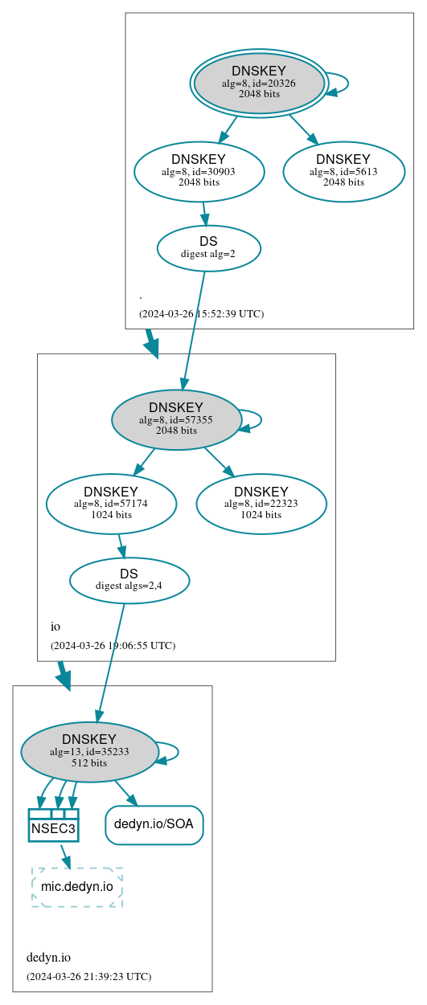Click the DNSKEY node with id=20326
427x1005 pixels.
click(259, 83)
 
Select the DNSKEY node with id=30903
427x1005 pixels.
click(199, 171)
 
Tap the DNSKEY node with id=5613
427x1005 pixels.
click(343, 171)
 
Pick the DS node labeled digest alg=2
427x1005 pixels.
click(208, 247)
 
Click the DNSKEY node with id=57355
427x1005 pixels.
click(176, 419)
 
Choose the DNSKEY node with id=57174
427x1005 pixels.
click(111, 504)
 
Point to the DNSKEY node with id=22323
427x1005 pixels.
click(261, 504)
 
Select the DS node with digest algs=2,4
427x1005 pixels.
click(129, 580)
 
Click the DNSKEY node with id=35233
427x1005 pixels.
click(89, 751)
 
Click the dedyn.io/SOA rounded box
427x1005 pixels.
click(154, 824)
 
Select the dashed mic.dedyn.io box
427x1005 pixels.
click(76, 887)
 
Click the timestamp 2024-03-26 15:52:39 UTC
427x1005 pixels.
click(201, 313)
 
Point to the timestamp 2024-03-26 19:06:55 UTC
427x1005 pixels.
click(113, 645)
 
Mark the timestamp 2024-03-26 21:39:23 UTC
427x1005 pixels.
click(88, 976)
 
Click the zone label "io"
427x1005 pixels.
click(55, 627)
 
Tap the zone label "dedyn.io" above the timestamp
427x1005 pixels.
click(48, 958)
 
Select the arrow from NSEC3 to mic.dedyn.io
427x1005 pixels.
click(65, 856)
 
